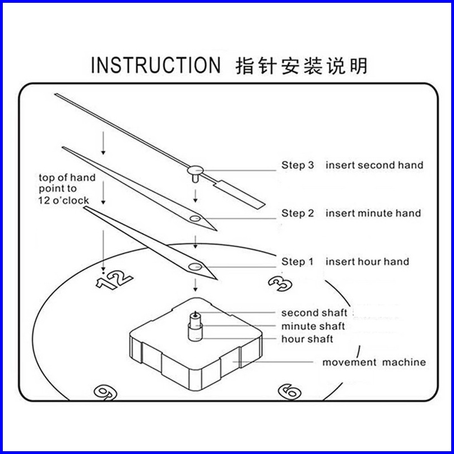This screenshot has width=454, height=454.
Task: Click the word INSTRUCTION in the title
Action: click(x=156, y=65)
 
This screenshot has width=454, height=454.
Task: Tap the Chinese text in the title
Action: click(x=303, y=65)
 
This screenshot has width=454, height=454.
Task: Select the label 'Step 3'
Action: click(x=298, y=165)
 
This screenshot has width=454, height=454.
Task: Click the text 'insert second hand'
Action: click(x=374, y=165)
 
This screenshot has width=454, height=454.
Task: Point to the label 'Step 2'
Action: click(x=298, y=213)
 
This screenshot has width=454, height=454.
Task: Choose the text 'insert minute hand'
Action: click(x=373, y=213)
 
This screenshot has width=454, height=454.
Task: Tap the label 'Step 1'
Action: click(x=298, y=261)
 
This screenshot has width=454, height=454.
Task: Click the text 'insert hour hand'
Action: click(x=367, y=261)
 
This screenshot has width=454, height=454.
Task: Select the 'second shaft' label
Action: click(x=314, y=313)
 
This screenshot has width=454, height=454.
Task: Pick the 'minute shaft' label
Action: click(x=313, y=326)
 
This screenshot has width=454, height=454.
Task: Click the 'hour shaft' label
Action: click(x=307, y=339)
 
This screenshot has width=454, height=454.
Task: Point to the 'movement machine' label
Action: click(x=373, y=362)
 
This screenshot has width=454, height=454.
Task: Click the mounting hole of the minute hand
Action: click(x=194, y=217)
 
